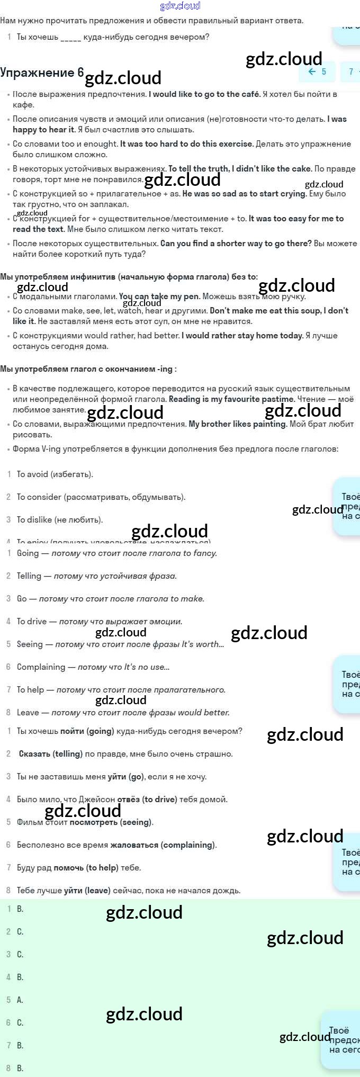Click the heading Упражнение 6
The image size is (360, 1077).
pyautogui.click(x=42, y=73)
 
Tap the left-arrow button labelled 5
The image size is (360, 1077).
pyautogui.click(x=317, y=71)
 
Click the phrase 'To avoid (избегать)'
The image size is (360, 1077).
pyautogui.click(x=55, y=474)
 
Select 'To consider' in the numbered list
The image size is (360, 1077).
pyautogui.click(x=40, y=497)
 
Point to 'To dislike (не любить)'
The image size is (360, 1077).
pyautogui.click(x=60, y=520)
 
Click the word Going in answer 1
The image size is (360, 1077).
pyautogui.click(x=28, y=553)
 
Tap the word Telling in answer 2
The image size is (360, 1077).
pyautogui.click(x=29, y=576)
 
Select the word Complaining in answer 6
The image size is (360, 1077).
pyautogui.click(x=41, y=667)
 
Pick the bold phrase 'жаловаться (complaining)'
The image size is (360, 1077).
pyautogui.click(x=163, y=845)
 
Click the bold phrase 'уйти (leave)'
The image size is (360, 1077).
pyautogui.click(x=87, y=891)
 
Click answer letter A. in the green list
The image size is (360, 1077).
pyautogui.click(x=20, y=1000)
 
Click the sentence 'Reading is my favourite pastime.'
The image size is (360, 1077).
pyautogui.click(x=231, y=399)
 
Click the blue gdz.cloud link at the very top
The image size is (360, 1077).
pyautogui.click(x=180, y=6)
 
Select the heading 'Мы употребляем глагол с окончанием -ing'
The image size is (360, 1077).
pyautogui.click(x=88, y=369)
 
